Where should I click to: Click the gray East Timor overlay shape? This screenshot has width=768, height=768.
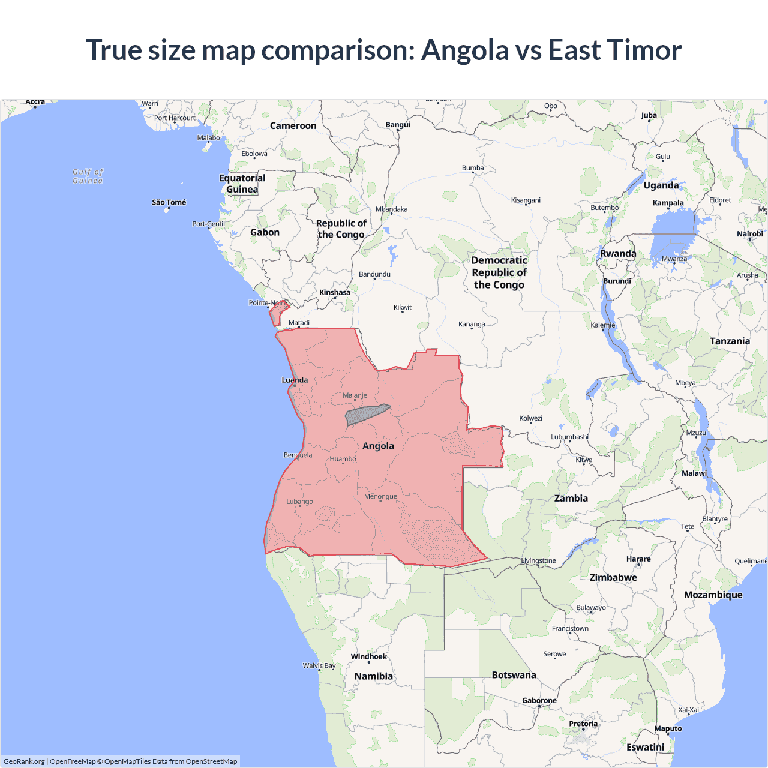pyautogui.click(x=365, y=414)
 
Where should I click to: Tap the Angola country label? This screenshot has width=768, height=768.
pyautogui.click(x=378, y=446)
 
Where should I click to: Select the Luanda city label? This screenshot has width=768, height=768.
pyautogui.click(x=295, y=380)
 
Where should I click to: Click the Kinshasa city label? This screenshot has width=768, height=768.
pyautogui.click(x=334, y=293)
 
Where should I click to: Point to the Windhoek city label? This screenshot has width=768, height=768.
pyautogui.click(x=368, y=656)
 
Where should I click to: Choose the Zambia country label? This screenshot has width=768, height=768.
pyautogui.click(x=571, y=498)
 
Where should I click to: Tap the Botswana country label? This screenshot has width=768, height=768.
pyautogui.click(x=514, y=675)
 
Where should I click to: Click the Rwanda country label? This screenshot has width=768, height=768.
pyautogui.click(x=618, y=253)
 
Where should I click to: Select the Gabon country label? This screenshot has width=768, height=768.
pyautogui.click(x=265, y=232)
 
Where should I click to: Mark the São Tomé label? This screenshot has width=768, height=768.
pyautogui.click(x=169, y=202)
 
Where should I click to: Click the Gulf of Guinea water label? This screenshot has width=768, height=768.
pyautogui.click(x=88, y=176)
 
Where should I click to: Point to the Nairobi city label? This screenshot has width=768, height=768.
pyautogui.click(x=749, y=234)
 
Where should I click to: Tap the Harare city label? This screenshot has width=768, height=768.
pyautogui.click(x=638, y=559)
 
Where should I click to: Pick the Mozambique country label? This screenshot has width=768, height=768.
pyautogui.click(x=713, y=595)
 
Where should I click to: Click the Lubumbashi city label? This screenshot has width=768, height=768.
pyautogui.click(x=569, y=437)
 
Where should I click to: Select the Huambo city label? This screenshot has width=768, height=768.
pyautogui.click(x=343, y=459)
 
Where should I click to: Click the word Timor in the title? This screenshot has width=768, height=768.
pyautogui.click(x=644, y=50)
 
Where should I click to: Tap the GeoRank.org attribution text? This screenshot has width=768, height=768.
pyautogui.click(x=24, y=761)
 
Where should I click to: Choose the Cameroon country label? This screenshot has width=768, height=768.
pyautogui.click(x=293, y=125)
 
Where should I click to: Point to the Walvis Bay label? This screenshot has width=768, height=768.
pyautogui.click(x=319, y=665)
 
